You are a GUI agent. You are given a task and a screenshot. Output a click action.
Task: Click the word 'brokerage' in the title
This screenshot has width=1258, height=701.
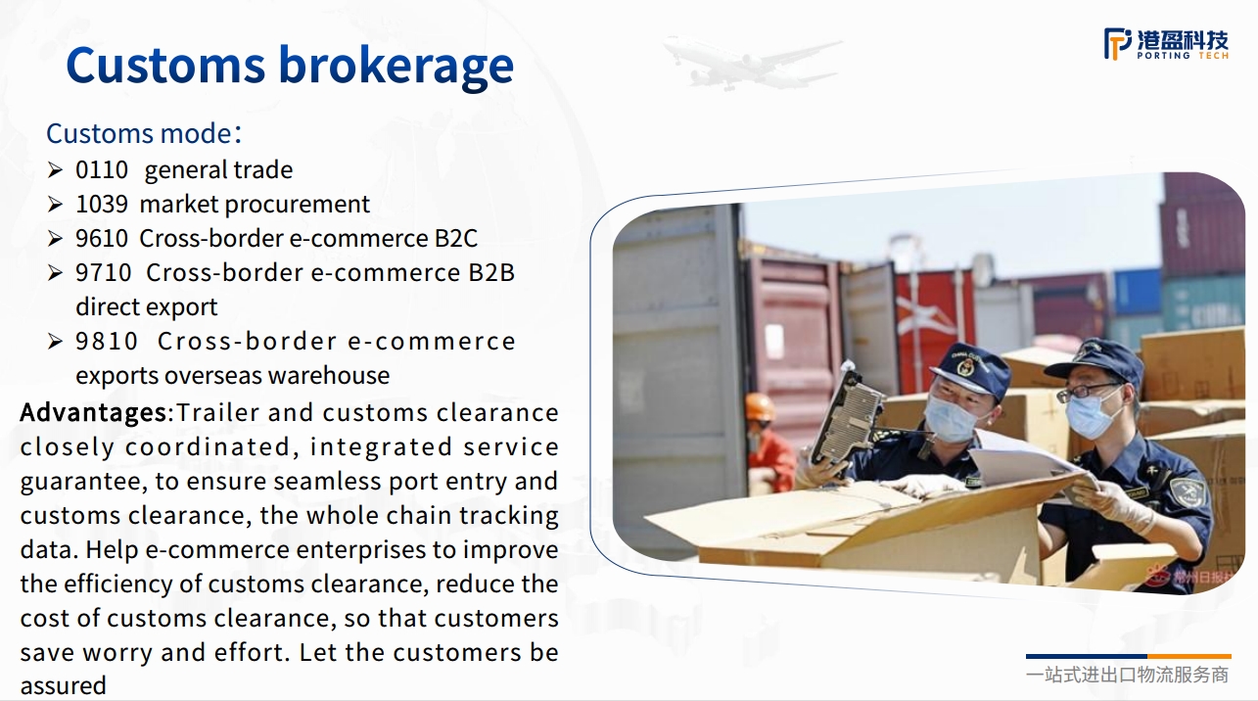(x=396, y=66)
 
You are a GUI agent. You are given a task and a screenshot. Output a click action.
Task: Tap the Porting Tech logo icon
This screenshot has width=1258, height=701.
(x=1118, y=43)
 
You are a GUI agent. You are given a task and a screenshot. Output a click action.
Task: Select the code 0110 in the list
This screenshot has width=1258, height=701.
(x=102, y=169)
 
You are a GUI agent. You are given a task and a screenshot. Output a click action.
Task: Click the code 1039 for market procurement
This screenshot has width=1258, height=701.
(x=102, y=204)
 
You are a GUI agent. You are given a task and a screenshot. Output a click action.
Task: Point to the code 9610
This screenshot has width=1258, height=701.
(x=102, y=238)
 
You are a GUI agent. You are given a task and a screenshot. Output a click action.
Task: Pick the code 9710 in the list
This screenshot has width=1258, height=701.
(x=104, y=272)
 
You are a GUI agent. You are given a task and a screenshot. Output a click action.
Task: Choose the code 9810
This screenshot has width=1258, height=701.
(x=107, y=341)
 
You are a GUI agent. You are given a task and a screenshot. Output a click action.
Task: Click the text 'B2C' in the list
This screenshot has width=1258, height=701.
(x=455, y=238)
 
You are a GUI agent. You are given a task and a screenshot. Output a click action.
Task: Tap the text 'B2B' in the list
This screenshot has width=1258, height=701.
(x=491, y=272)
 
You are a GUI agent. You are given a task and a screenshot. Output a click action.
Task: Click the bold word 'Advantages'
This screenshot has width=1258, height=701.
(x=93, y=413)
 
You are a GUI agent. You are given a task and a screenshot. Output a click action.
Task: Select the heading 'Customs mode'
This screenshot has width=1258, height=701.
(x=139, y=134)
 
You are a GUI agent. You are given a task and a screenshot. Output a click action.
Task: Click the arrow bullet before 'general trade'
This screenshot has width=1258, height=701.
(x=55, y=169)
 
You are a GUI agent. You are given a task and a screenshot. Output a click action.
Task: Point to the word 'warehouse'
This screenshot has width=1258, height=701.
(x=329, y=375)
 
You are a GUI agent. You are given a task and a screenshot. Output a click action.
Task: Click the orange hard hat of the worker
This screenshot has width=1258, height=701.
(x=760, y=407)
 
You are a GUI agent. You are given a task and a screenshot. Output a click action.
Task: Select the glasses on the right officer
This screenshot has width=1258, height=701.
(x=1086, y=392)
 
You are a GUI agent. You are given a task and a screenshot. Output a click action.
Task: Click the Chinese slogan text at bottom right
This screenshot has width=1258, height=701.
(x=1127, y=675)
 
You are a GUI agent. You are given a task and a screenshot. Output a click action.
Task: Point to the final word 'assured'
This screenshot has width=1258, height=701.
(x=63, y=686)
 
